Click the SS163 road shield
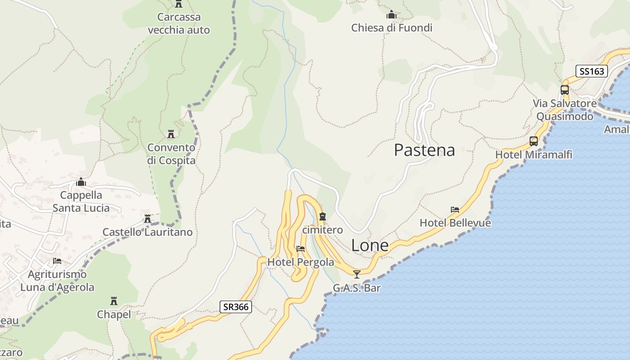[x=592, y=71]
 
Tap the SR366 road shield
[x=236, y=307]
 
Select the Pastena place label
[x=424, y=150]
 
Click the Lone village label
[x=369, y=245]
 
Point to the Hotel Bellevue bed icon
[x=455, y=210]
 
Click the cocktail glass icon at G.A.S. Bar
[x=357, y=274]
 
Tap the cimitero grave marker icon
[x=322, y=217]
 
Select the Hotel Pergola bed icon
[x=301, y=248]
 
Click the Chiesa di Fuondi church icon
[x=391, y=14]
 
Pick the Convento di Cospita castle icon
[x=171, y=134]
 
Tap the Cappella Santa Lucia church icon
[x=81, y=182]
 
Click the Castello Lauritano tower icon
[x=147, y=219]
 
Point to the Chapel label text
[x=114, y=315]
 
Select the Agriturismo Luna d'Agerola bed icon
[x=57, y=261]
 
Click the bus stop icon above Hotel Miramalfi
[x=534, y=141]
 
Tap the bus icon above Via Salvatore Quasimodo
[x=565, y=90]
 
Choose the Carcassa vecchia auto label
[x=179, y=23]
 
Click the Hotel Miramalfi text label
[x=534, y=155]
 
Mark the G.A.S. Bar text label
[x=357, y=288]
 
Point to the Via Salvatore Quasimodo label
[x=565, y=110]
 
